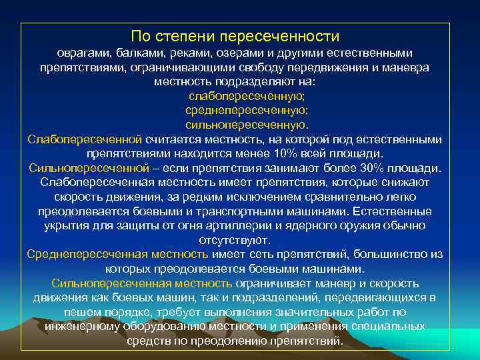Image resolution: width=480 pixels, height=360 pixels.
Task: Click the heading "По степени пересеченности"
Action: tap(235, 35)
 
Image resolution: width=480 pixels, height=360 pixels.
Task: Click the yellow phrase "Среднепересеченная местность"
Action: tap(117, 254)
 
